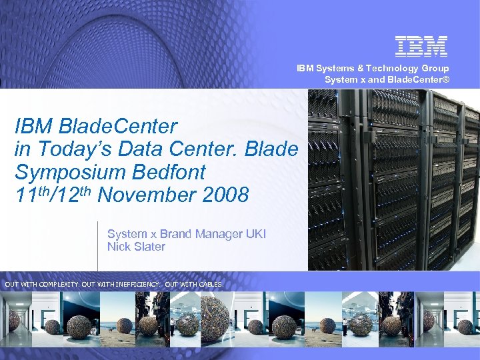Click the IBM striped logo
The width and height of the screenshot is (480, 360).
tap(421, 45)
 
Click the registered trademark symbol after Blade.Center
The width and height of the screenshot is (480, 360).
tap(447, 80)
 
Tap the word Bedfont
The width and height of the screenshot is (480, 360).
tap(166, 172)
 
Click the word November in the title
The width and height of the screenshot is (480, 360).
tap(146, 195)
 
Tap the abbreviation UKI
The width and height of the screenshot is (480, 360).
tap(255, 234)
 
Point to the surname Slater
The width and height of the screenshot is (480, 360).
tap(149, 247)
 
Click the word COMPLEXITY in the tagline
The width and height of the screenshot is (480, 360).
tap(59, 285)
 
